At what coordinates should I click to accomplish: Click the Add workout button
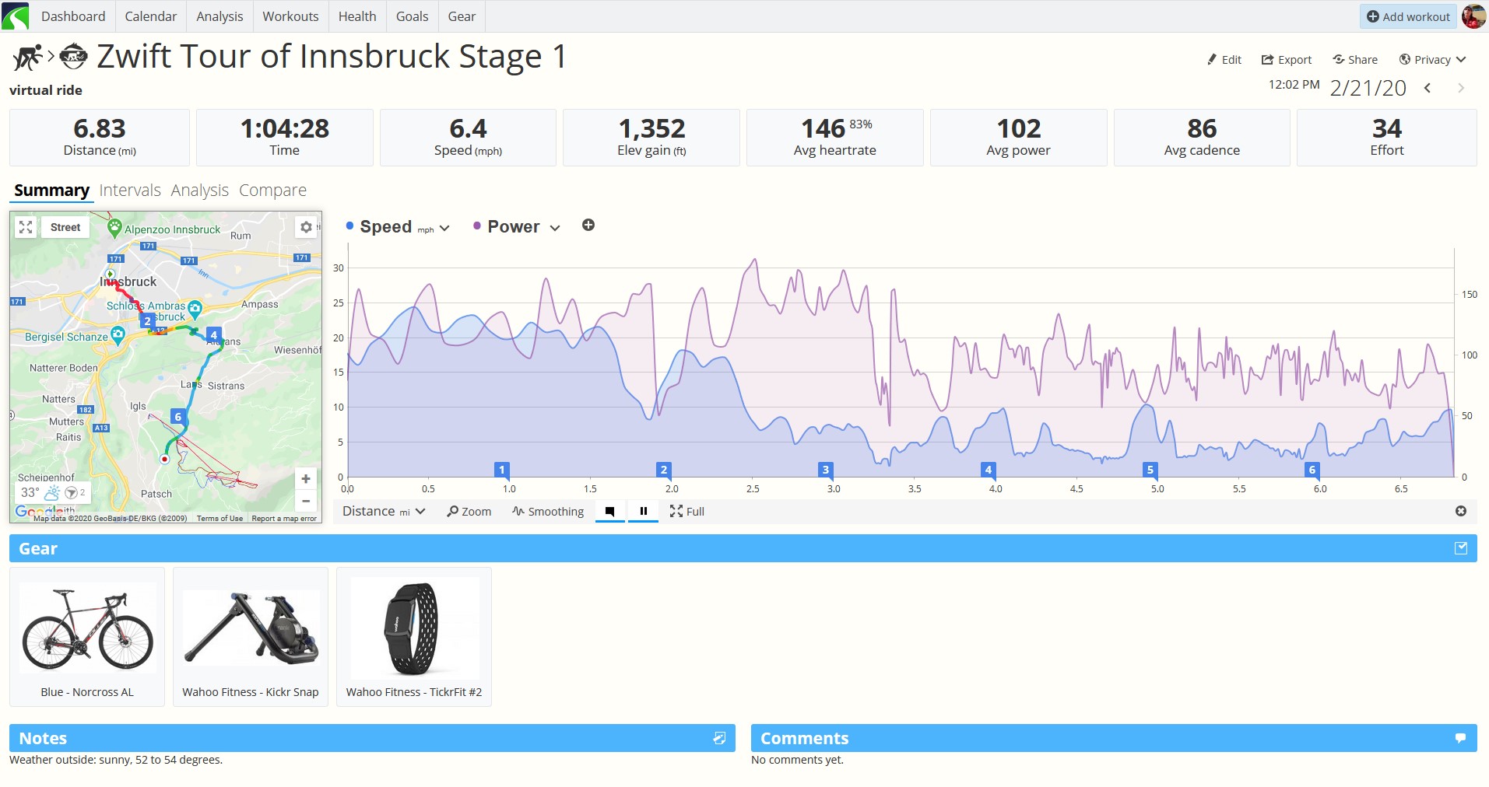tap(1409, 16)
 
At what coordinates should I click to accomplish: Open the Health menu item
tap(357, 16)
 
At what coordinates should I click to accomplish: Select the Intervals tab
tap(130, 191)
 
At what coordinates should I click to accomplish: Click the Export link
tap(1287, 60)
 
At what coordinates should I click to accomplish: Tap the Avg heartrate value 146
tap(823, 128)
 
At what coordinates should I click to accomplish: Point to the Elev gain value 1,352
tap(651, 128)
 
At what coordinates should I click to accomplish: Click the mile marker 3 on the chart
tap(826, 470)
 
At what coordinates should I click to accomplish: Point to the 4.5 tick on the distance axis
tap(1076, 489)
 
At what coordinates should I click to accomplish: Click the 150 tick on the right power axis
tap(1469, 295)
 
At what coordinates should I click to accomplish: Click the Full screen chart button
tap(687, 512)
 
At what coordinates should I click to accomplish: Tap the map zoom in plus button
tap(306, 479)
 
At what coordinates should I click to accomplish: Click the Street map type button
tap(65, 227)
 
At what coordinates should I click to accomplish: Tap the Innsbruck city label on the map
tap(128, 282)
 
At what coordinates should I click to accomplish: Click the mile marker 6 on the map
tap(177, 417)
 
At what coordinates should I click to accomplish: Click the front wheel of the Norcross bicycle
tap(126, 642)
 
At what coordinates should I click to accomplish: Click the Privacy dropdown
tap(1432, 60)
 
